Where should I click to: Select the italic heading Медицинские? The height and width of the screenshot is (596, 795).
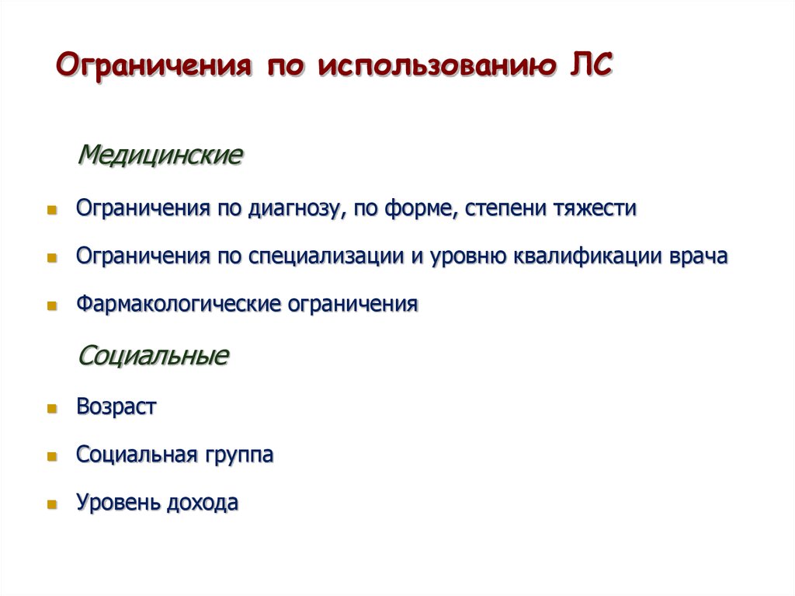pyautogui.click(x=161, y=154)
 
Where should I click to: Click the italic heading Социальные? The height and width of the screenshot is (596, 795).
pyautogui.click(x=154, y=356)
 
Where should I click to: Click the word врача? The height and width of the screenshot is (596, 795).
pyautogui.click(x=698, y=257)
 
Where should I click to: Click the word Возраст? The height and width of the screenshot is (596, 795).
pyautogui.click(x=116, y=406)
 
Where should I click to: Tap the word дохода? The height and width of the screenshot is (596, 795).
pyautogui.click(x=202, y=503)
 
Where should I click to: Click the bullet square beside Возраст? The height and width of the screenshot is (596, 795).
pyautogui.click(x=52, y=408)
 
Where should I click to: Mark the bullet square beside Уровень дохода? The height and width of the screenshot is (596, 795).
pyautogui.click(x=52, y=504)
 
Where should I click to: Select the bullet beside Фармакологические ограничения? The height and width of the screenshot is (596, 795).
pyautogui.click(x=52, y=306)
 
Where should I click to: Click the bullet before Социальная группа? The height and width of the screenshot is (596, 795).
pyautogui.click(x=52, y=456)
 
